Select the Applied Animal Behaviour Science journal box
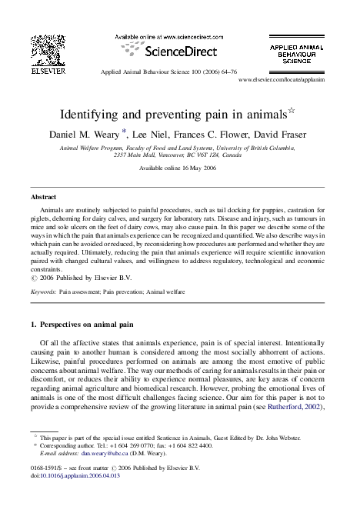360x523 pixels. tap(302, 58)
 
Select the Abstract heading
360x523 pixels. tap(42, 197)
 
